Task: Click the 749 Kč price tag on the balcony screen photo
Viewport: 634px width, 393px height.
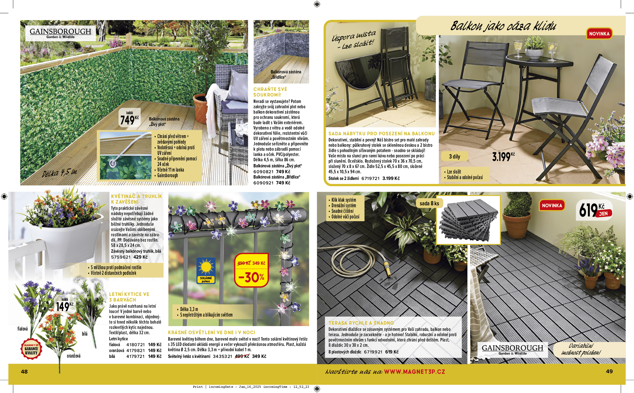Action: [x=130, y=118]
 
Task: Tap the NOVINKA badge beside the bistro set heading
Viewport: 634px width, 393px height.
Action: [x=599, y=34]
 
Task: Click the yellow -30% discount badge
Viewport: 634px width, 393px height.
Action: [x=251, y=270]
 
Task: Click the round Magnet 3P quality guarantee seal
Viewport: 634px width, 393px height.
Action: [x=31, y=349]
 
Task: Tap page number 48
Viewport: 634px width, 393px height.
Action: [x=24, y=372]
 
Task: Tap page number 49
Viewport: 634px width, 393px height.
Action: [x=609, y=371]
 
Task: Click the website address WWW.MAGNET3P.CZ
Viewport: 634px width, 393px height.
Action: [x=415, y=372]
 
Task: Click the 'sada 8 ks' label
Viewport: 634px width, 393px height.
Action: [x=429, y=203]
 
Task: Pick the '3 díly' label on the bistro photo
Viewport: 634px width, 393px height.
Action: [x=454, y=156]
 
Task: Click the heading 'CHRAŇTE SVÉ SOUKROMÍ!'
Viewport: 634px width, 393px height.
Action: [x=270, y=92]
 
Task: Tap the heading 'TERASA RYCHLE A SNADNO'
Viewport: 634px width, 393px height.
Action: [x=361, y=323]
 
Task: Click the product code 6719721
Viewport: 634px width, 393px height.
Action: [x=370, y=178]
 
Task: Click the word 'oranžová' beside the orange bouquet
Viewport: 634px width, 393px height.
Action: [x=74, y=356]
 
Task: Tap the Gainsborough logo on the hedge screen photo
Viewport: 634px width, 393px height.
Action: [x=61, y=33]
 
